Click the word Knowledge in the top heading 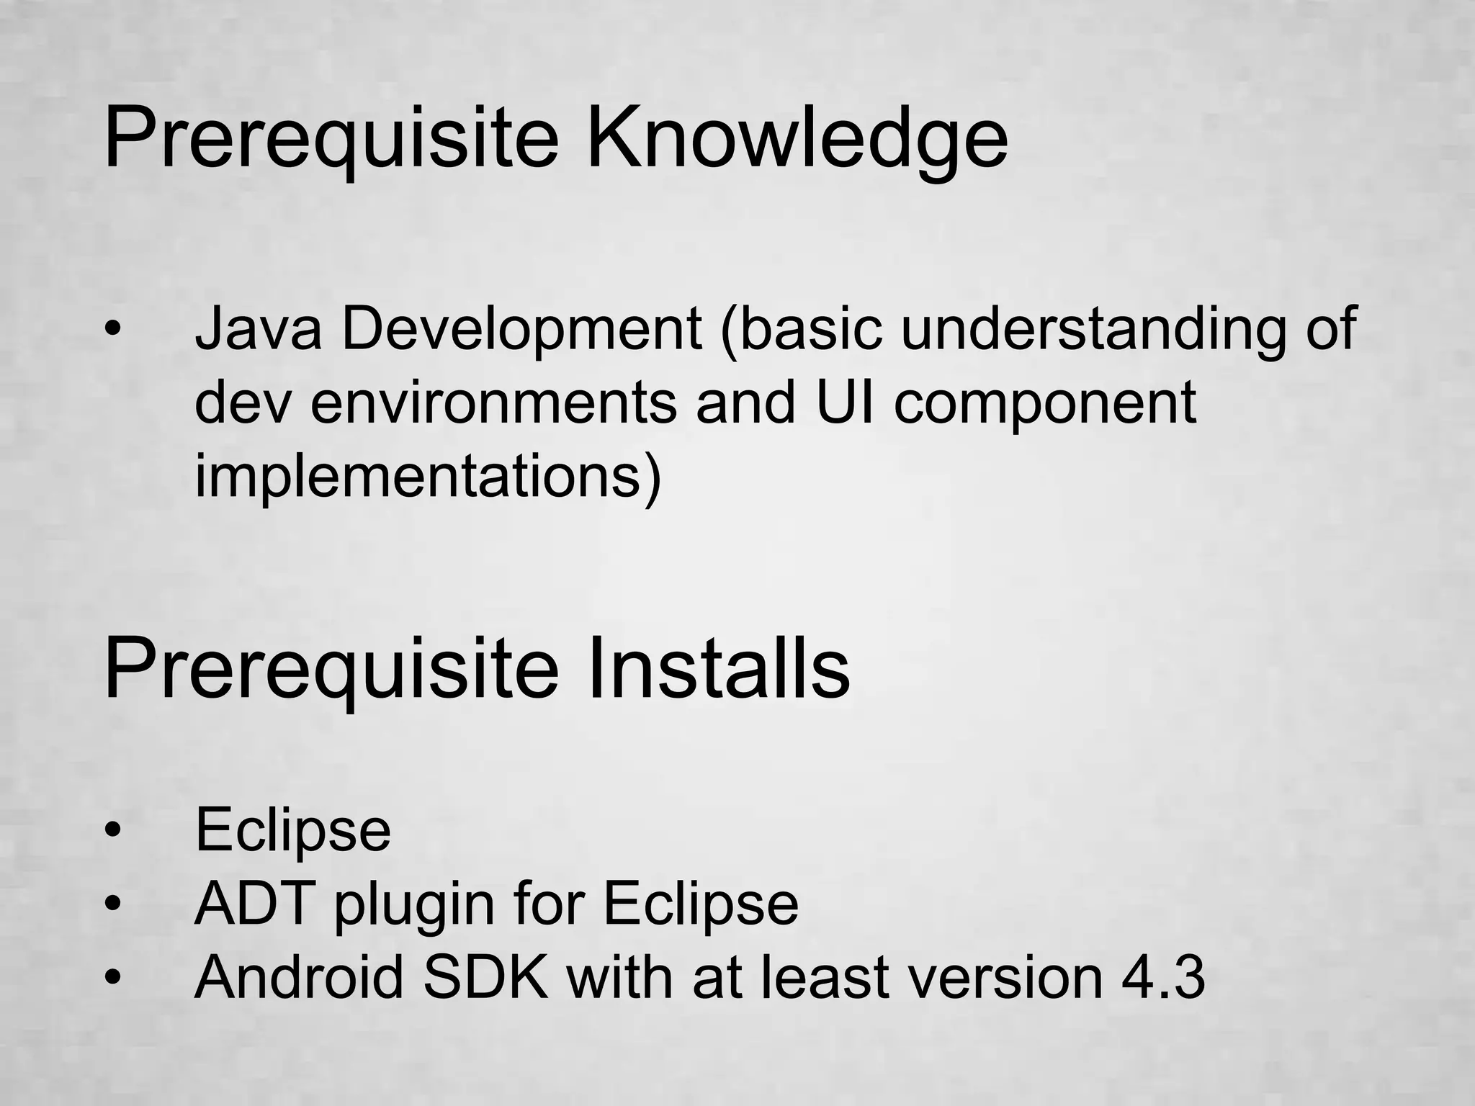click(x=797, y=137)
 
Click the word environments click(x=493, y=403)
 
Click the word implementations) click(x=428, y=478)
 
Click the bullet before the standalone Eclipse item click(x=113, y=830)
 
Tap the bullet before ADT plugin click(x=113, y=903)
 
